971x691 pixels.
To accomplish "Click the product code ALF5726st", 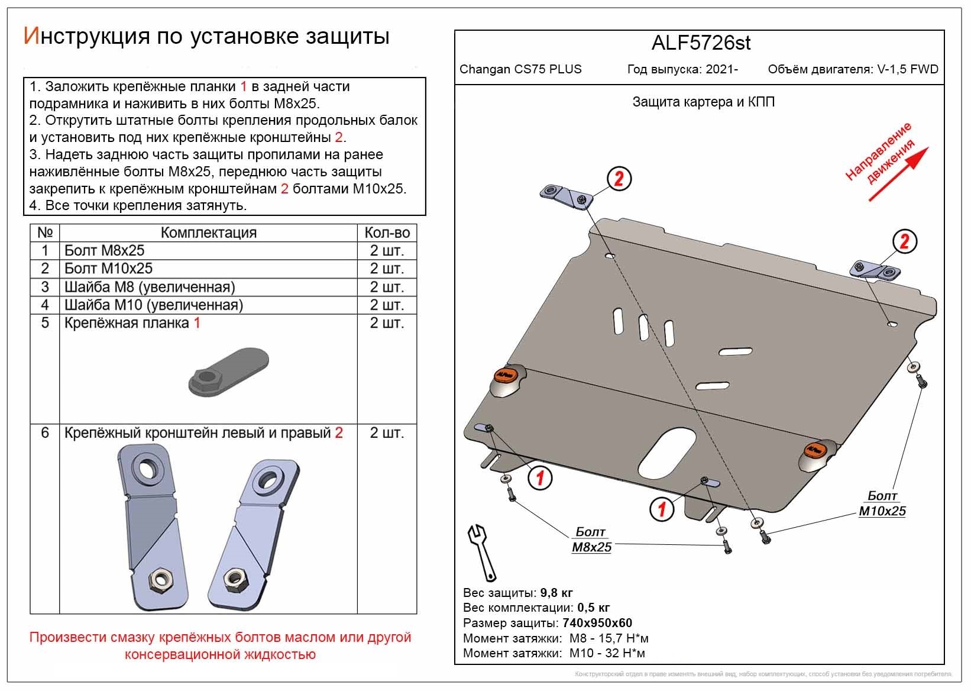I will click(701, 43).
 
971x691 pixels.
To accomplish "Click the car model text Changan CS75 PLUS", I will click(520, 69).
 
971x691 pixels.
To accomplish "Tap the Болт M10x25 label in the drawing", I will click(882, 504).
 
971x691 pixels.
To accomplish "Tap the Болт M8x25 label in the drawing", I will click(591, 540).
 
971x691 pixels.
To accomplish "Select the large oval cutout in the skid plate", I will click(668, 454).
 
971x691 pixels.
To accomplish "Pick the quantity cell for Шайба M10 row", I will click(387, 305).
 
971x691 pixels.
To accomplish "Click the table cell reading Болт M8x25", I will click(105, 250).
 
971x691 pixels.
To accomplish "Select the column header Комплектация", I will click(208, 233).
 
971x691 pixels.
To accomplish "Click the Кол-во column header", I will click(387, 233).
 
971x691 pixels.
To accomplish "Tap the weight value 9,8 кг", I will click(556, 593).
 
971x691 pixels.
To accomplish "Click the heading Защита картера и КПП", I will click(703, 102).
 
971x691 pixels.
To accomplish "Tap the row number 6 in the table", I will click(45, 433).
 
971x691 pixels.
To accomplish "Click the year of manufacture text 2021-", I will click(721, 69).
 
